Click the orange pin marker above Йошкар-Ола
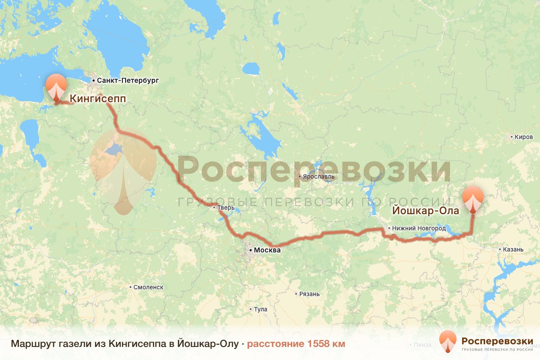click(473, 198)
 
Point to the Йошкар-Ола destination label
click(425, 211)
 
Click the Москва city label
click(267, 250)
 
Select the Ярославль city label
click(319, 176)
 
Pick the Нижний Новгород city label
click(418, 229)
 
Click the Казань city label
click(513, 249)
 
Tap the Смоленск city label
click(148, 287)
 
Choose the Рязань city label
click(309, 294)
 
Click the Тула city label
click(261, 310)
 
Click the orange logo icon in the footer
click(448, 341)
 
